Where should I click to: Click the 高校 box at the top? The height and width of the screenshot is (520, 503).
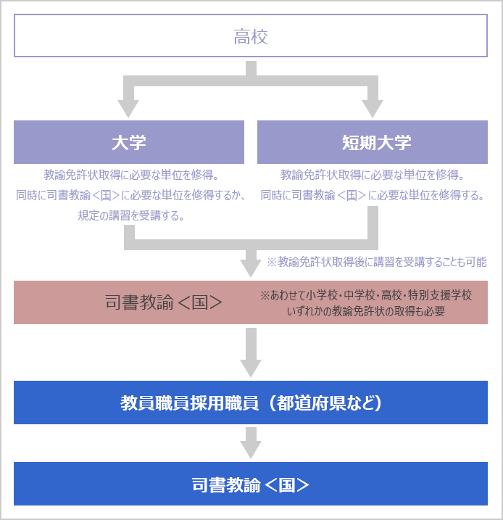pyautogui.click(x=251, y=36)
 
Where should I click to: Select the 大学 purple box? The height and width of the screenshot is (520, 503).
pyautogui.click(x=129, y=142)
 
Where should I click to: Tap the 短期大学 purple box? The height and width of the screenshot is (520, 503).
pyautogui.click(x=373, y=142)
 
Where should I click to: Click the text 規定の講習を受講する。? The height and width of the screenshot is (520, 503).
pyautogui.click(x=131, y=215)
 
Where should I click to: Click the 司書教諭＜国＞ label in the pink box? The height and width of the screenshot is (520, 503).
pyautogui.click(x=164, y=302)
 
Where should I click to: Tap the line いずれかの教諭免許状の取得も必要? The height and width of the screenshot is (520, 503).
pyautogui.click(x=366, y=311)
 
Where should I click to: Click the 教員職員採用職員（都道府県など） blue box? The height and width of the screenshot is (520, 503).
pyautogui.click(x=251, y=403)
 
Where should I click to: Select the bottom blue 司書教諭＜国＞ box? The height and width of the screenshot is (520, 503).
pyautogui.click(x=251, y=484)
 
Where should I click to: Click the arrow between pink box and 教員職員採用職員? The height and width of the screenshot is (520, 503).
pyautogui.click(x=251, y=352)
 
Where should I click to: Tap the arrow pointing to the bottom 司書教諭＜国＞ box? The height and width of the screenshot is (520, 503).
pyautogui.click(x=251, y=442)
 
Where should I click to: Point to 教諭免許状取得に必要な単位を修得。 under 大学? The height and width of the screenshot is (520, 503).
pyautogui.click(x=131, y=175)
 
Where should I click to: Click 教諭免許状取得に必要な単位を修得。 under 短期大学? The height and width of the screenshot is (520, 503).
pyautogui.click(x=372, y=175)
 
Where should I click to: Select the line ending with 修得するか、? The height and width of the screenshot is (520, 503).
pyautogui.click(x=131, y=195)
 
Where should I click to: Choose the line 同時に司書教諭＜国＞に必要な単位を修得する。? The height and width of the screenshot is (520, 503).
pyautogui.click(x=373, y=195)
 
